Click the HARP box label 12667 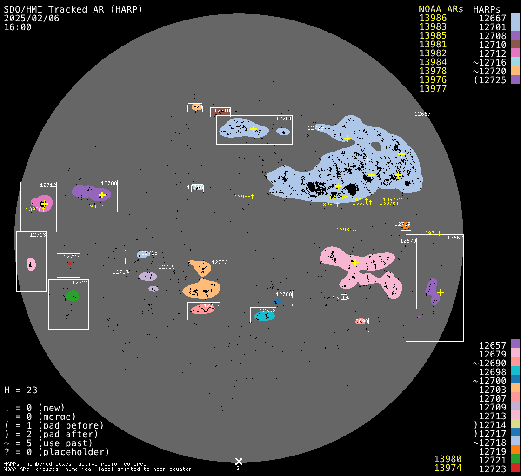tap(422, 114)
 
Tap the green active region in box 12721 tap(72, 296)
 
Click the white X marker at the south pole tap(239, 461)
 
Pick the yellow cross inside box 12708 tap(102, 195)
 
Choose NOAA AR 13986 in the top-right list tap(433, 18)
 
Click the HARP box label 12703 tap(220, 263)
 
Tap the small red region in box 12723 tap(70, 264)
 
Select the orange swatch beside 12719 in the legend tap(515, 450)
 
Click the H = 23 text tap(20, 390)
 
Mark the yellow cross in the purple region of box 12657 tap(440, 292)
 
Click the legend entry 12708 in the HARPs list tap(492, 36)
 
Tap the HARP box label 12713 tap(38, 235)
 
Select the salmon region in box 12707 tap(203, 309)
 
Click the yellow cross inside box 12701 tap(253, 129)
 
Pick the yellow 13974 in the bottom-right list tap(448, 468)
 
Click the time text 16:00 tap(18, 27)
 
